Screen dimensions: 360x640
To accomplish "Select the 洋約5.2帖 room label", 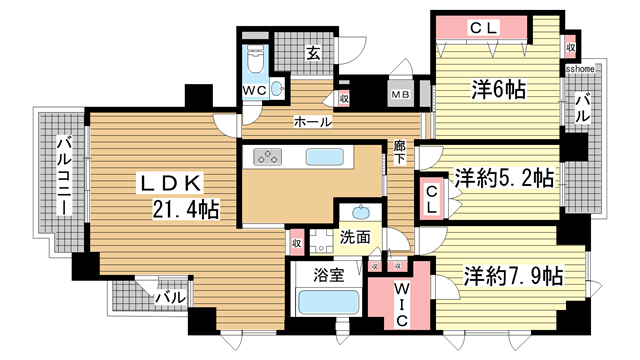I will point(504,179).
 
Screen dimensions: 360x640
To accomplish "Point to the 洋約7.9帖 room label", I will point(510,274).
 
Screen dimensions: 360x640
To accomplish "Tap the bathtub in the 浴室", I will point(326,301).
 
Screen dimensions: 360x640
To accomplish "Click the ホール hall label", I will point(312,122).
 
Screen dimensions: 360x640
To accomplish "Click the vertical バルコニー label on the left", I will point(62,178).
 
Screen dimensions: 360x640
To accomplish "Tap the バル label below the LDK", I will point(166,297).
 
